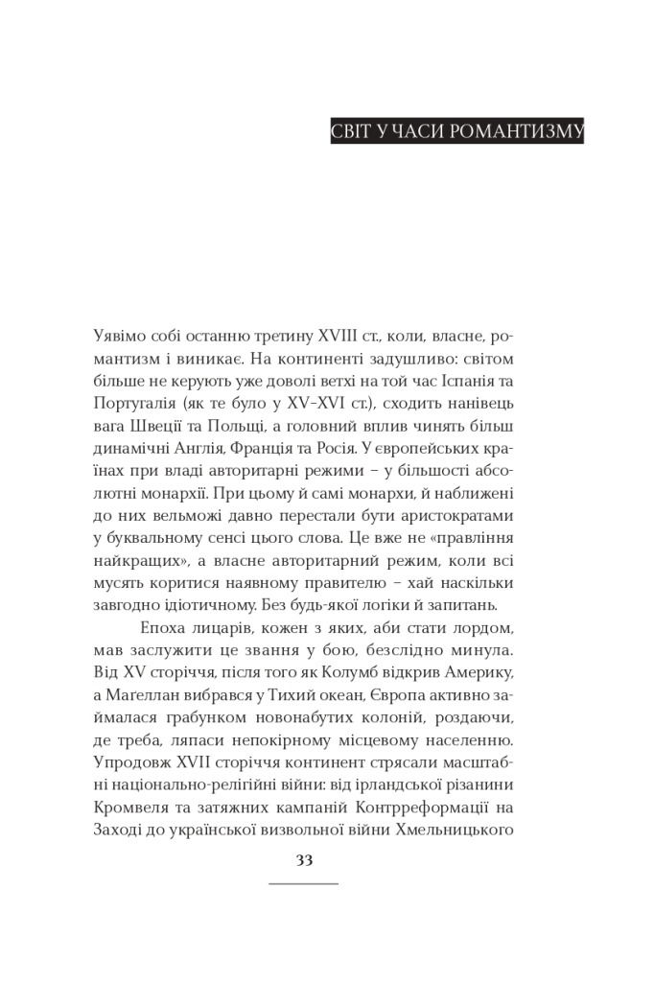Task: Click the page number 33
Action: [x=304, y=860]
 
